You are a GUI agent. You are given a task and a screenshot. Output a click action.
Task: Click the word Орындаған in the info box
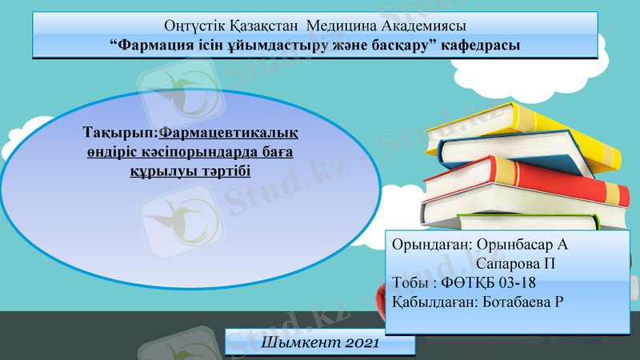tap(429, 243)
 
